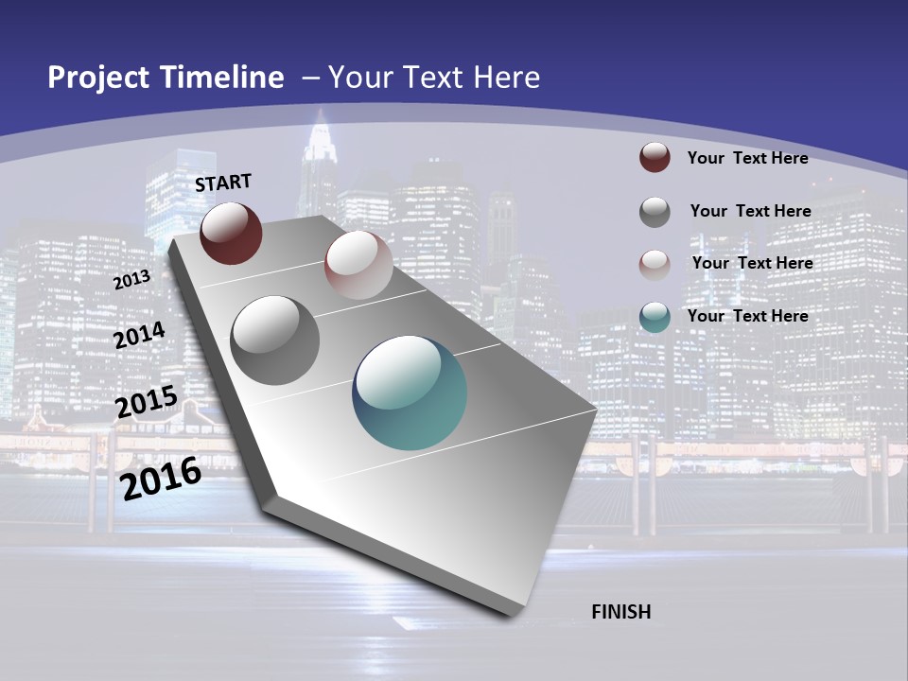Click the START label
223,183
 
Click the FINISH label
621,612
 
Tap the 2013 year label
131,280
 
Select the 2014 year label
139,336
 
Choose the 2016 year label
161,479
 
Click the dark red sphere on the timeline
231,233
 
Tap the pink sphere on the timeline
358,264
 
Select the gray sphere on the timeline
275,340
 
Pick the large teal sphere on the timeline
410,393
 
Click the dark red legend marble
655,157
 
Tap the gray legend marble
655,212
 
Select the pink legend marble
655,264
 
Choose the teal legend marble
655,317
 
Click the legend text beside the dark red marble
747,158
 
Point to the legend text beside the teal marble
747,316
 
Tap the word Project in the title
96,78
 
